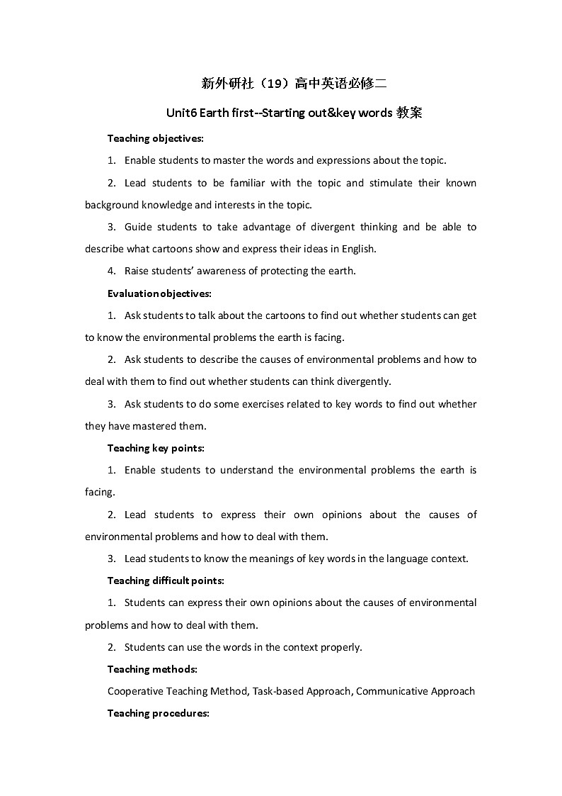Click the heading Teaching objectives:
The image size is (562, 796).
click(155, 138)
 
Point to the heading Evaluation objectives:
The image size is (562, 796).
click(159, 293)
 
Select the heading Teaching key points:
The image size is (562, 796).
click(155, 448)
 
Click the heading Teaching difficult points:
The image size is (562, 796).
click(166, 581)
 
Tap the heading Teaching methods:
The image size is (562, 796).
click(152, 669)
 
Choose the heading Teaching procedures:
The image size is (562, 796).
click(158, 714)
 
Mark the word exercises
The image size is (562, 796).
click(271, 404)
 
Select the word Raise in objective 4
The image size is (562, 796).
click(137, 271)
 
